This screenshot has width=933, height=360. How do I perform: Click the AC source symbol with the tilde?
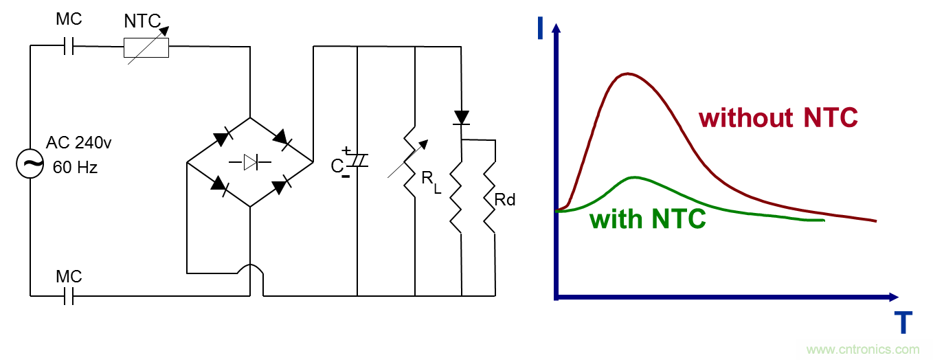[31, 164]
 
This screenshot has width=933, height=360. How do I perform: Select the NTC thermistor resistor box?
[146, 48]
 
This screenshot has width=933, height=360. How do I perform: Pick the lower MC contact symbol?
[68, 296]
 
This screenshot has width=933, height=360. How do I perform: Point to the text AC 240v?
[78, 144]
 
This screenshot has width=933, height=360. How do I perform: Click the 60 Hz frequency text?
[75, 167]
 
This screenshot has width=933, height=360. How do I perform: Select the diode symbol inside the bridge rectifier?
[249, 163]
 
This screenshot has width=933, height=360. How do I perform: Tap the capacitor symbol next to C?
[358, 161]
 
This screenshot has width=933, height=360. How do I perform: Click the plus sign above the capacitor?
[346, 150]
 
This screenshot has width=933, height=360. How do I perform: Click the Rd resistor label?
[505, 200]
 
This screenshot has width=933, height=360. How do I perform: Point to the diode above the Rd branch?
[462, 117]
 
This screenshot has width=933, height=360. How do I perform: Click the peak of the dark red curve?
[627, 74]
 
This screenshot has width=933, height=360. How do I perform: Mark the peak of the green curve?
[636, 177]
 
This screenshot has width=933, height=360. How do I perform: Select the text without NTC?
[778, 118]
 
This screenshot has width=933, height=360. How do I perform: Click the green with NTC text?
[648, 219]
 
